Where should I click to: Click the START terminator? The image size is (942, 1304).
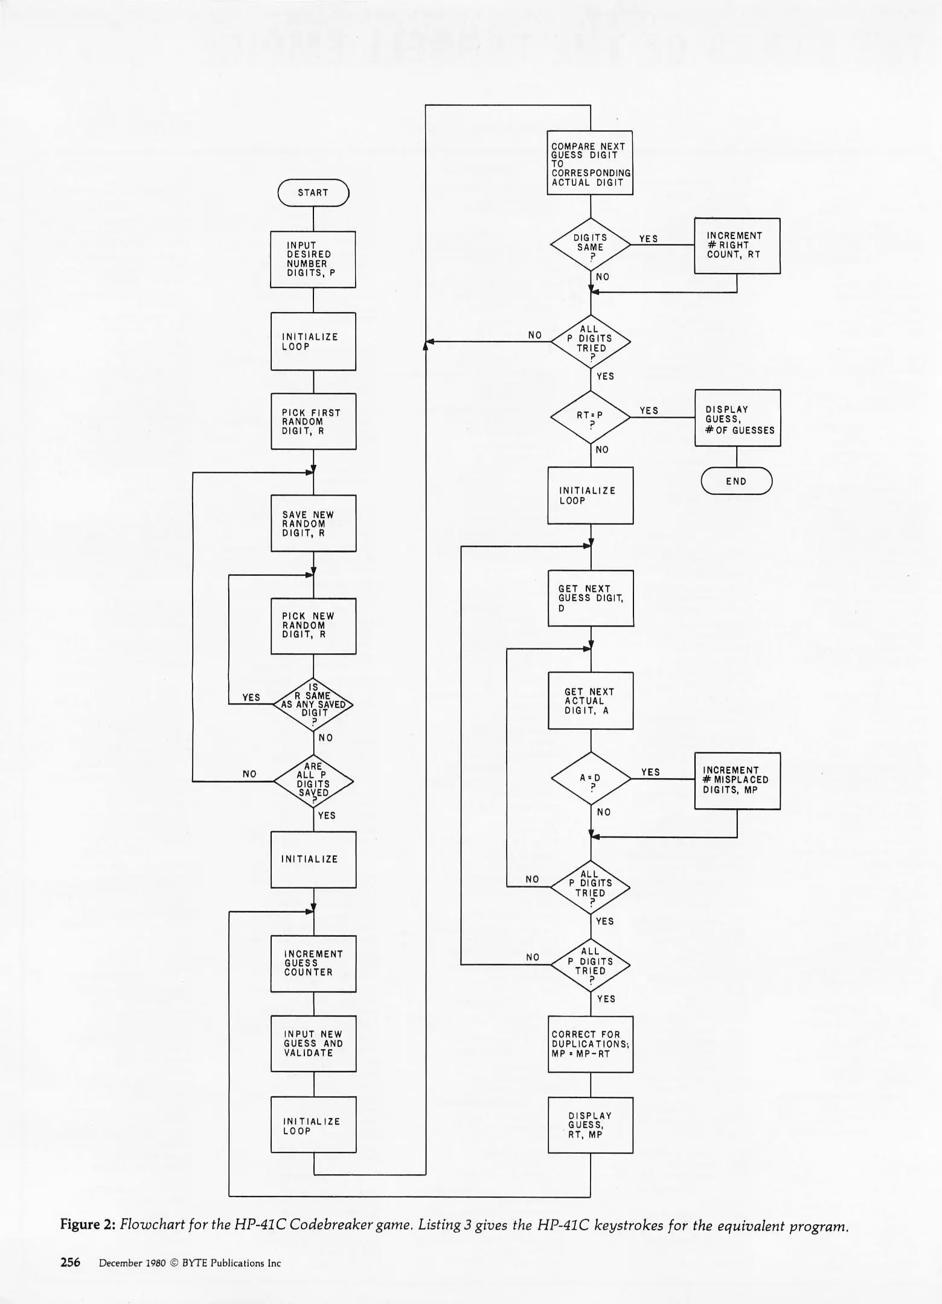pyautogui.click(x=313, y=193)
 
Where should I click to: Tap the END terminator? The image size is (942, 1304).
pyautogui.click(x=736, y=481)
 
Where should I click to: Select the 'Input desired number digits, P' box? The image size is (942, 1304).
pyautogui.click(x=313, y=260)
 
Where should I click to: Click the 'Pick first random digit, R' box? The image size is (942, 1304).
pyautogui.click(x=313, y=421)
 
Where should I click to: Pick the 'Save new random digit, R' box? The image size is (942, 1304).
pyautogui.click(x=313, y=523)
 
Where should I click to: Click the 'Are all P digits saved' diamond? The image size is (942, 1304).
pyautogui.click(x=313, y=781)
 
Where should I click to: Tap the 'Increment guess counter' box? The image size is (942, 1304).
pyautogui.click(x=313, y=964)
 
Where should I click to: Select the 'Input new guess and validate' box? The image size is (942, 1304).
pyautogui.click(x=313, y=1044)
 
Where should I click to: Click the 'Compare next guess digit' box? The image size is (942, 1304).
pyautogui.click(x=590, y=163)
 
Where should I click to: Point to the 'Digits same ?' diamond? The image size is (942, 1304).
pyautogui.click(x=590, y=244)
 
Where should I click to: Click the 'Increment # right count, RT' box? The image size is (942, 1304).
pyautogui.click(x=737, y=246)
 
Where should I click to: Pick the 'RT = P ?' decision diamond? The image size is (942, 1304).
pyautogui.click(x=590, y=417)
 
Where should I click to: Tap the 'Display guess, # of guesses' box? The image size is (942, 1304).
pyautogui.click(x=737, y=418)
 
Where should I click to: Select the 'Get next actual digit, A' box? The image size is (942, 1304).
pyautogui.click(x=590, y=701)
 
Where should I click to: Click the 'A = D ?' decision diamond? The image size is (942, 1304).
pyautogui.click(x=590, y=779)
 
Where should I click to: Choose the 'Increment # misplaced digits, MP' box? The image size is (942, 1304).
pyautogui.click(x=737, y=781)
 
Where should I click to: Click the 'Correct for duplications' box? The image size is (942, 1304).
pyautogui.click(x=590, y=1044)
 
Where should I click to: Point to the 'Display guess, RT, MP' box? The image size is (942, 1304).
pyautogui.click(x=590, y=1125)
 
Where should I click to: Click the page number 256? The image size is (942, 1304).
pyautogui.click(x=70, y=1263)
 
